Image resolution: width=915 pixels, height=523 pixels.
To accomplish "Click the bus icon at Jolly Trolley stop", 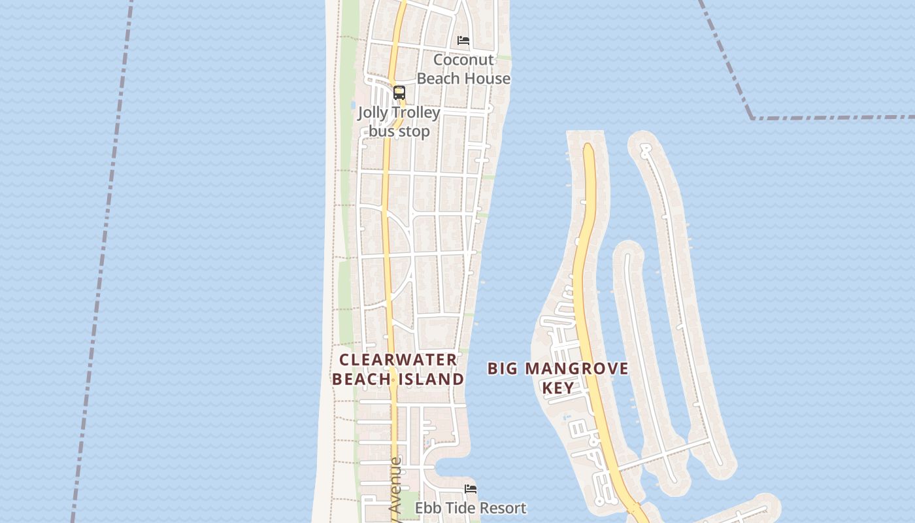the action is coord(399,93).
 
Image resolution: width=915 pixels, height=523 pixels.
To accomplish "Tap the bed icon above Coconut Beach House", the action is coord(463,41).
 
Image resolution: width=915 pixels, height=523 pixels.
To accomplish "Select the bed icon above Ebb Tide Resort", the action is coord(471,488).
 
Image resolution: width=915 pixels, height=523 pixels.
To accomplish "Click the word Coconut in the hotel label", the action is coord(463,59).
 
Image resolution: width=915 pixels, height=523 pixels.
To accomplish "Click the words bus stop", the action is coord(399,131).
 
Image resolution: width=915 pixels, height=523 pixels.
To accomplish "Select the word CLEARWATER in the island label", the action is coord(398,360).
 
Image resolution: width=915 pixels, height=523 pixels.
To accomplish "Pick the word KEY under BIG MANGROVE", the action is coord(558,387).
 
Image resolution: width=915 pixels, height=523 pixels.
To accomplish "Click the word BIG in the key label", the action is coord(502,369).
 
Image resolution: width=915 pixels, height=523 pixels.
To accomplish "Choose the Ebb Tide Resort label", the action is coord(471,508).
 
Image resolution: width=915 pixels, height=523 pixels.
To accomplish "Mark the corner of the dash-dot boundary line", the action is coord(752,118).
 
